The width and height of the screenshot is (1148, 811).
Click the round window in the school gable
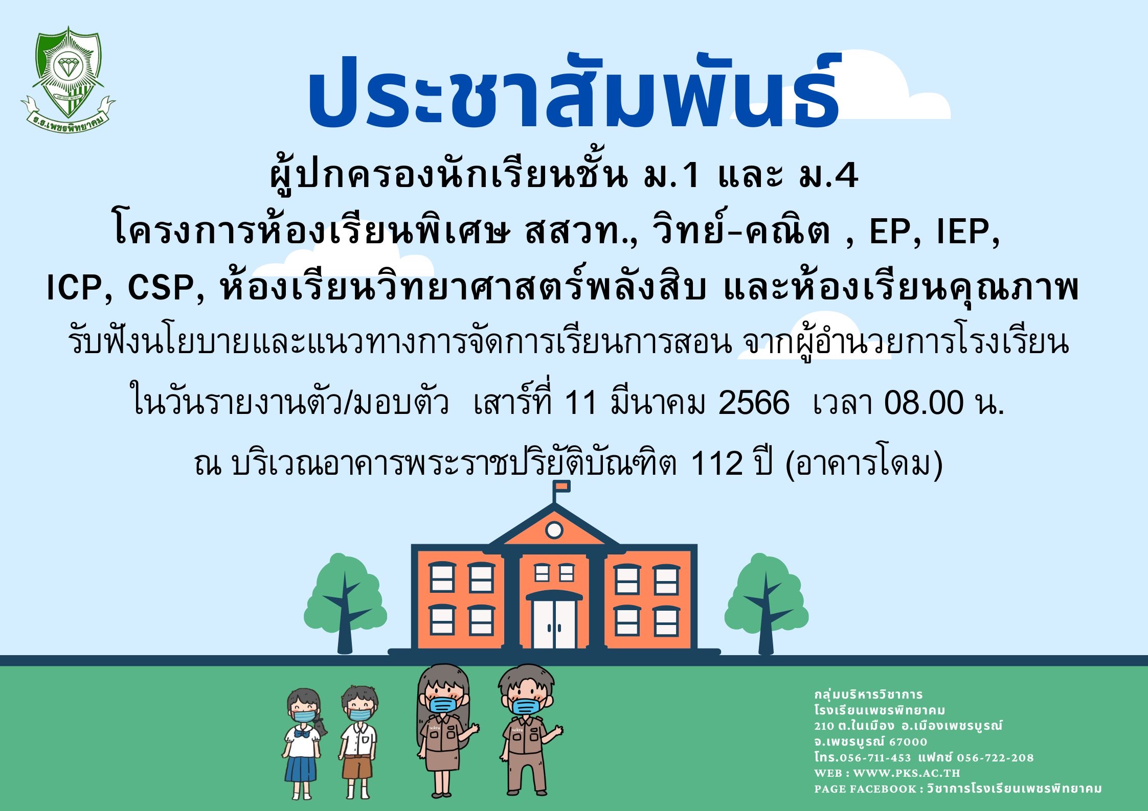point(554,530)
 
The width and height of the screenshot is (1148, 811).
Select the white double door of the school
point(554,623)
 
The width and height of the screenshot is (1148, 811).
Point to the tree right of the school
point(766,604)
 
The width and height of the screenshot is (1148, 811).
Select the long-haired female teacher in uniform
point(445,731)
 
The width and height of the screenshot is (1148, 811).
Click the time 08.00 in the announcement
point(924,403)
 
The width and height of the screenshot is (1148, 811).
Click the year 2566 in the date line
point(754,403)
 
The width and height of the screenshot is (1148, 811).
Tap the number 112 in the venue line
point(716,464)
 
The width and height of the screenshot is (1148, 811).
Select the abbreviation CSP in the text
point(161,287)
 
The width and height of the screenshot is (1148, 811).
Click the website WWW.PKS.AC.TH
point(907,773)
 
